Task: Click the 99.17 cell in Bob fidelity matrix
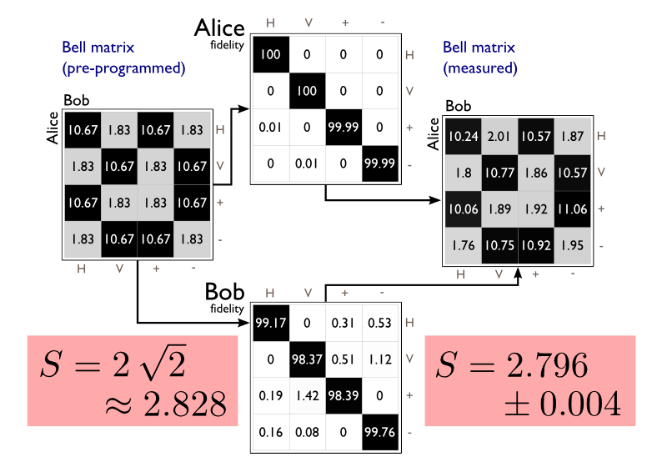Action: pos(269,322)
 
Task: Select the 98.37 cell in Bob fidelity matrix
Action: pos(307,359)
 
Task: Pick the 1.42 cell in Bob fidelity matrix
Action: pos(307,396)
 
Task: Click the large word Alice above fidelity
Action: pos(219,28)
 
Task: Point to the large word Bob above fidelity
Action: pos(225,293)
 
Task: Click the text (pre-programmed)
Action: pos(123,68)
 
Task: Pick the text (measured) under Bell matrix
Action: pos(480,68)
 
